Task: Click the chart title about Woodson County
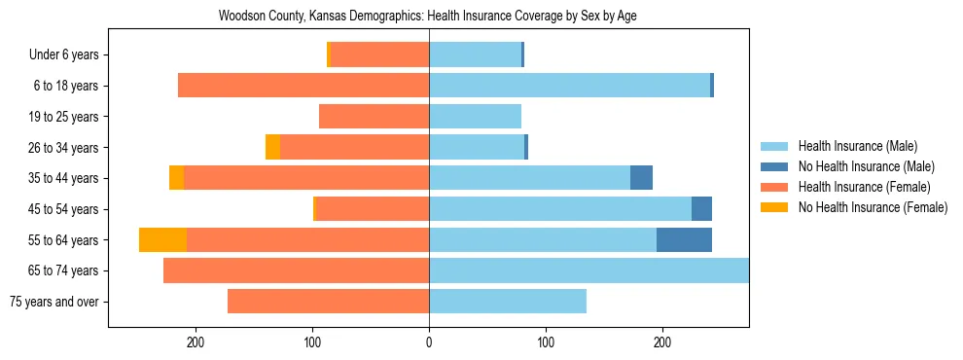click(x=428, y=17)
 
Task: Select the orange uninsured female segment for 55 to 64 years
click(x=162, y=240)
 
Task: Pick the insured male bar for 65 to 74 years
click(x=588, y=270)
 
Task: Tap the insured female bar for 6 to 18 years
click(x=303, y=86)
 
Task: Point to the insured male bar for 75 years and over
click(x=508, y=302)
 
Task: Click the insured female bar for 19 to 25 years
click(x=374, y=117)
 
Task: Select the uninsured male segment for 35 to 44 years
click(x=641, y=178)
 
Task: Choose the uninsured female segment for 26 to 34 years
click(x=272, y=147)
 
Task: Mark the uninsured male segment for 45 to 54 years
click(x=701, y=209)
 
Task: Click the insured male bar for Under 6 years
click(x=475, y=54)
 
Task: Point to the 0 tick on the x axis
click(x=429, y=342)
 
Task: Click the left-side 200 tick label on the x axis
click(x=196, y=342)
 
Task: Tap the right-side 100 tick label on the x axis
click(x=546, y=342)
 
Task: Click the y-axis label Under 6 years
click(x=63, y=54)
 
